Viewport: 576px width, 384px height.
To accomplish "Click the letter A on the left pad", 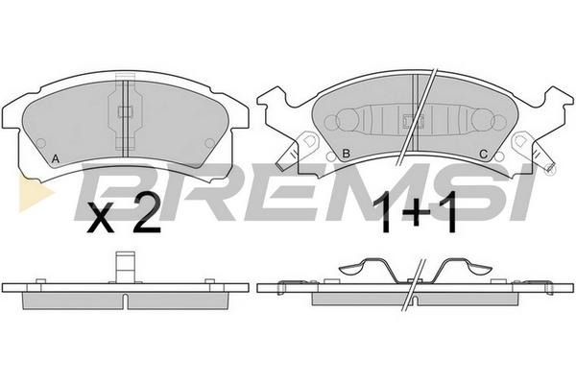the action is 55,159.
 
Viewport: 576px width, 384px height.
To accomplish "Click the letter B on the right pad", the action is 346,154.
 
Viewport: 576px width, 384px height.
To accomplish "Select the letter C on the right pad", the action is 484,155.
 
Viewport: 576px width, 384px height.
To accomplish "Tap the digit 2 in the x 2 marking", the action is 147,214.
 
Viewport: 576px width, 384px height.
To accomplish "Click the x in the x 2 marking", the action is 100,221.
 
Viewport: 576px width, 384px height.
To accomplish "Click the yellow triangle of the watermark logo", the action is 35,192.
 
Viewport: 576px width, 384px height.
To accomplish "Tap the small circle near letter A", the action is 40,143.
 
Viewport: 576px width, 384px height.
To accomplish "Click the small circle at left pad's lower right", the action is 209,143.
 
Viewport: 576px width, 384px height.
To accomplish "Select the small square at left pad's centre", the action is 125,111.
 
